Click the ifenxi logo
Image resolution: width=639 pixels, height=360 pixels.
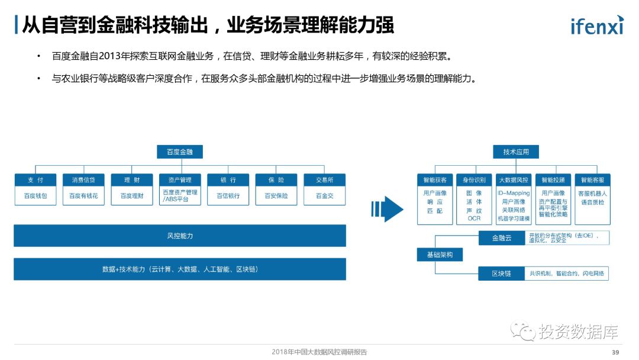tap(596, 25)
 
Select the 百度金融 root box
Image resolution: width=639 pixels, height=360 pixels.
tap(180, 152)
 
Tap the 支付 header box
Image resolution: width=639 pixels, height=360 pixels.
tap(35, 180)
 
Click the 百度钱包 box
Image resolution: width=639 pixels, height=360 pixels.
tap(35, 196)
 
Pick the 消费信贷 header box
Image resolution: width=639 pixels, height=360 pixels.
tap(83, 180)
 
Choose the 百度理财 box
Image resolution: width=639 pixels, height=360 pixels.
tap(132, 196)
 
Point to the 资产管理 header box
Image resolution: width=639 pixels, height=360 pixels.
tap(180, 180)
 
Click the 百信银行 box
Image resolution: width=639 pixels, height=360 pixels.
tap(228, 196)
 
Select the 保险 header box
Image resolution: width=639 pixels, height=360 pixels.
tap(276, 180)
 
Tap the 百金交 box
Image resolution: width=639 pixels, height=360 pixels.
tap(324, 196)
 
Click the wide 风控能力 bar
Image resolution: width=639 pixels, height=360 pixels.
tap(180, 236)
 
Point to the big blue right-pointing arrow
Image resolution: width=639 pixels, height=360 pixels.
tap(388, 209)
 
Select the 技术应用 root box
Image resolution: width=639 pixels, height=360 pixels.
tap(516, 152)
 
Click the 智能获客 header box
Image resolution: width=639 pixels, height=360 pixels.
tap(435, 180)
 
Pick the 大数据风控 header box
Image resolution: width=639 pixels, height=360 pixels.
tap(514, 180)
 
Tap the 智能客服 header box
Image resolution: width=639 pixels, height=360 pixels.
tap(592, 180)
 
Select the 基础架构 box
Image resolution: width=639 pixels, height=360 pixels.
tap(440, 255)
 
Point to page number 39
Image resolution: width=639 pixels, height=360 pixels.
tap(615, 352)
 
